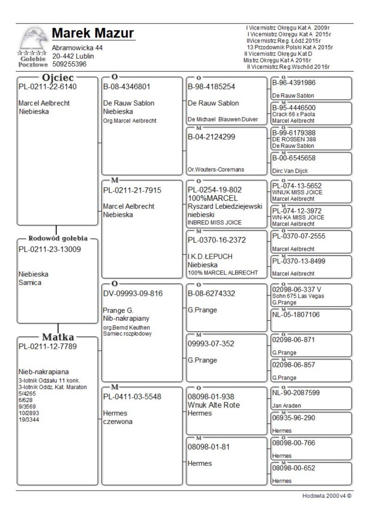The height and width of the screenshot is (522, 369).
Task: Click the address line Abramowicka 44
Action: click(77, 48)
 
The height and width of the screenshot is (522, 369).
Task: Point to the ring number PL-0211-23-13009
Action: click(48, 250)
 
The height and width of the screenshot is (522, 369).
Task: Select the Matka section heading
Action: click(58, 336)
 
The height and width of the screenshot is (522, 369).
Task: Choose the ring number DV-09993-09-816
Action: click(133, 294)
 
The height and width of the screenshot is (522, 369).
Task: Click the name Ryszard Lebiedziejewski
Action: click(225, 206)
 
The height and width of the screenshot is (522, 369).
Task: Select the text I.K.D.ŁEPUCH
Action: click(210, 257)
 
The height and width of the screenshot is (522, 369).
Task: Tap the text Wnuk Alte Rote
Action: click(214, 405)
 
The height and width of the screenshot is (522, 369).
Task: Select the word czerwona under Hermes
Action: click(118, 421)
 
